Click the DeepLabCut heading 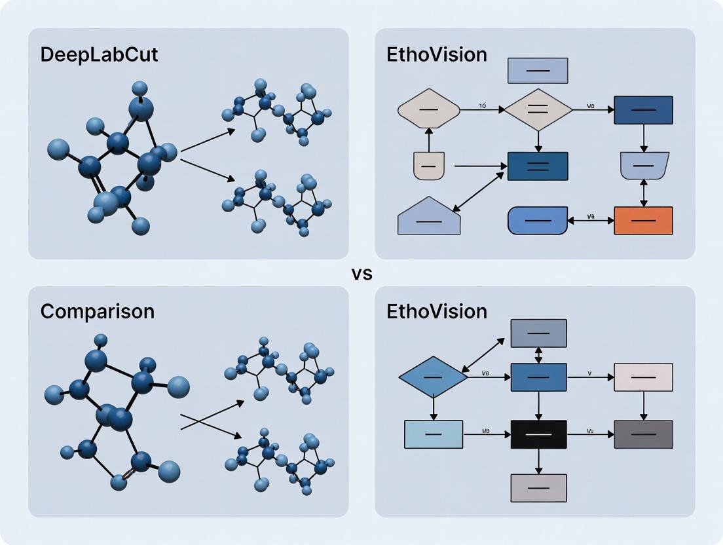tap(99, 54)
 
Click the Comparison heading tap(98, 311)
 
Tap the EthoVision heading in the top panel tap(437, 54)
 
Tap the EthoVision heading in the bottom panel tap(437, 311)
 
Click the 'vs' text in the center tap(361, 274)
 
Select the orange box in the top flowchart tap(643, 221)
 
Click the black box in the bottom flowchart tap(538, 434)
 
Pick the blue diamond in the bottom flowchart tap(433, 377)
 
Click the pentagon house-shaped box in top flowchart tap(429, 217)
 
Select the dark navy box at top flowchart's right tap(643, 110)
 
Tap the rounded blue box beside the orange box tap(538, 221)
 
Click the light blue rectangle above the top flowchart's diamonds tap(538, 71)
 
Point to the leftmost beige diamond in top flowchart tap(429, 109)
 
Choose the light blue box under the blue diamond tap(434, 434)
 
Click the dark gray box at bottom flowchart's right tap(643, 434)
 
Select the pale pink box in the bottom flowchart tap(643, 377)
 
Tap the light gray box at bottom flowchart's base tap(538, 488)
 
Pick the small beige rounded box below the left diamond tap(428, 166)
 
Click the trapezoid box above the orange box tap(643, 166)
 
